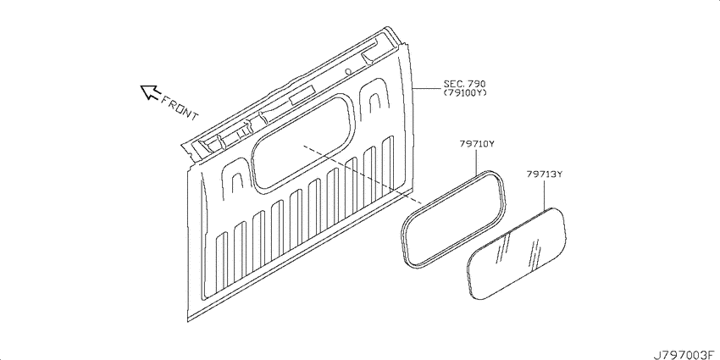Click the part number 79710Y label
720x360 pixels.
[x=477, y=144]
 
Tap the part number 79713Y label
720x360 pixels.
[x=545, y=174]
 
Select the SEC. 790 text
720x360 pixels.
[x=464, y=84]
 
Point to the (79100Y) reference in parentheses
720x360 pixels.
[x=464, y=92]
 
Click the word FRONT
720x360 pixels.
[x=179, y=107]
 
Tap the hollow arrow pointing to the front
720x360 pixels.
[x=150, y=91]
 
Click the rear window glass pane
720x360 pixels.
[x=516, y=254]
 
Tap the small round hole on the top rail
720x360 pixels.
[x=348, y=71]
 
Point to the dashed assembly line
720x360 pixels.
[x=363, y=174]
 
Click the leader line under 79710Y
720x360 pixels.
[x=477, y=161]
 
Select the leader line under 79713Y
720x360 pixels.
[x=545, y=195]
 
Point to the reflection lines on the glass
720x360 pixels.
[x=519, y=250]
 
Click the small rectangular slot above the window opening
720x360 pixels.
[x=302, y=93]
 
